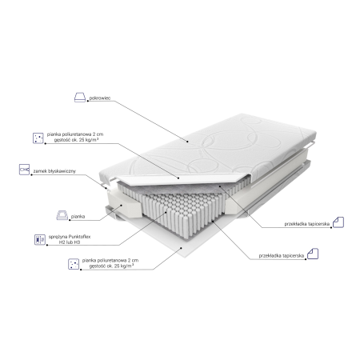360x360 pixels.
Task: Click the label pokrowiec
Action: pyautogui.click(x=100, y=98)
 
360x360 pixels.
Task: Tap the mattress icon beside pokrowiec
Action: pyautogui.click(x=80, y=98)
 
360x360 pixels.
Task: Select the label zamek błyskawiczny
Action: pyautogui.click(x=54, y=171)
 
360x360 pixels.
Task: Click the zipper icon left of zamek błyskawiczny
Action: pyautogui.click(x=24, y=170)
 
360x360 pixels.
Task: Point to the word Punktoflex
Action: pyautogui.click(x=79, y=237)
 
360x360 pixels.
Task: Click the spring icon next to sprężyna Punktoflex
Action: pyautogui.click(x=40, y=239)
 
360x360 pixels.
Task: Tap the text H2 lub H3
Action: pyautogui.click(x=70, y=242)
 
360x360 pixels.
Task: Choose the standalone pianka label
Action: pyautogui.click(x=78, y=217)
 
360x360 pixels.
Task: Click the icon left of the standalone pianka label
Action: pyautogui.click(x=62, y=215)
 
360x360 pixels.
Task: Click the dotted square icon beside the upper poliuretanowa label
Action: pyautogui.click(x=38, y=138)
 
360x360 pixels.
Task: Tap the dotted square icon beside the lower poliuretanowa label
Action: pyautogui.click(x=74, y=264)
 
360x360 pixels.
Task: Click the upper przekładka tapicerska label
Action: pyautogui.click(x=307, y=224)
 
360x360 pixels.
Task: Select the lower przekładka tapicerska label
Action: pyautogui.click(x=282, y=255)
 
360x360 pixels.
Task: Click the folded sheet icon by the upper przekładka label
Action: pyautogui.click(x=338, y=222)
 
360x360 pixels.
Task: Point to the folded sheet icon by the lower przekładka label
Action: pyautogui.click(x=313, y=254)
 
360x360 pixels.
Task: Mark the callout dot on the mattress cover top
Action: pyautogui.click(x=187, y=142)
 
